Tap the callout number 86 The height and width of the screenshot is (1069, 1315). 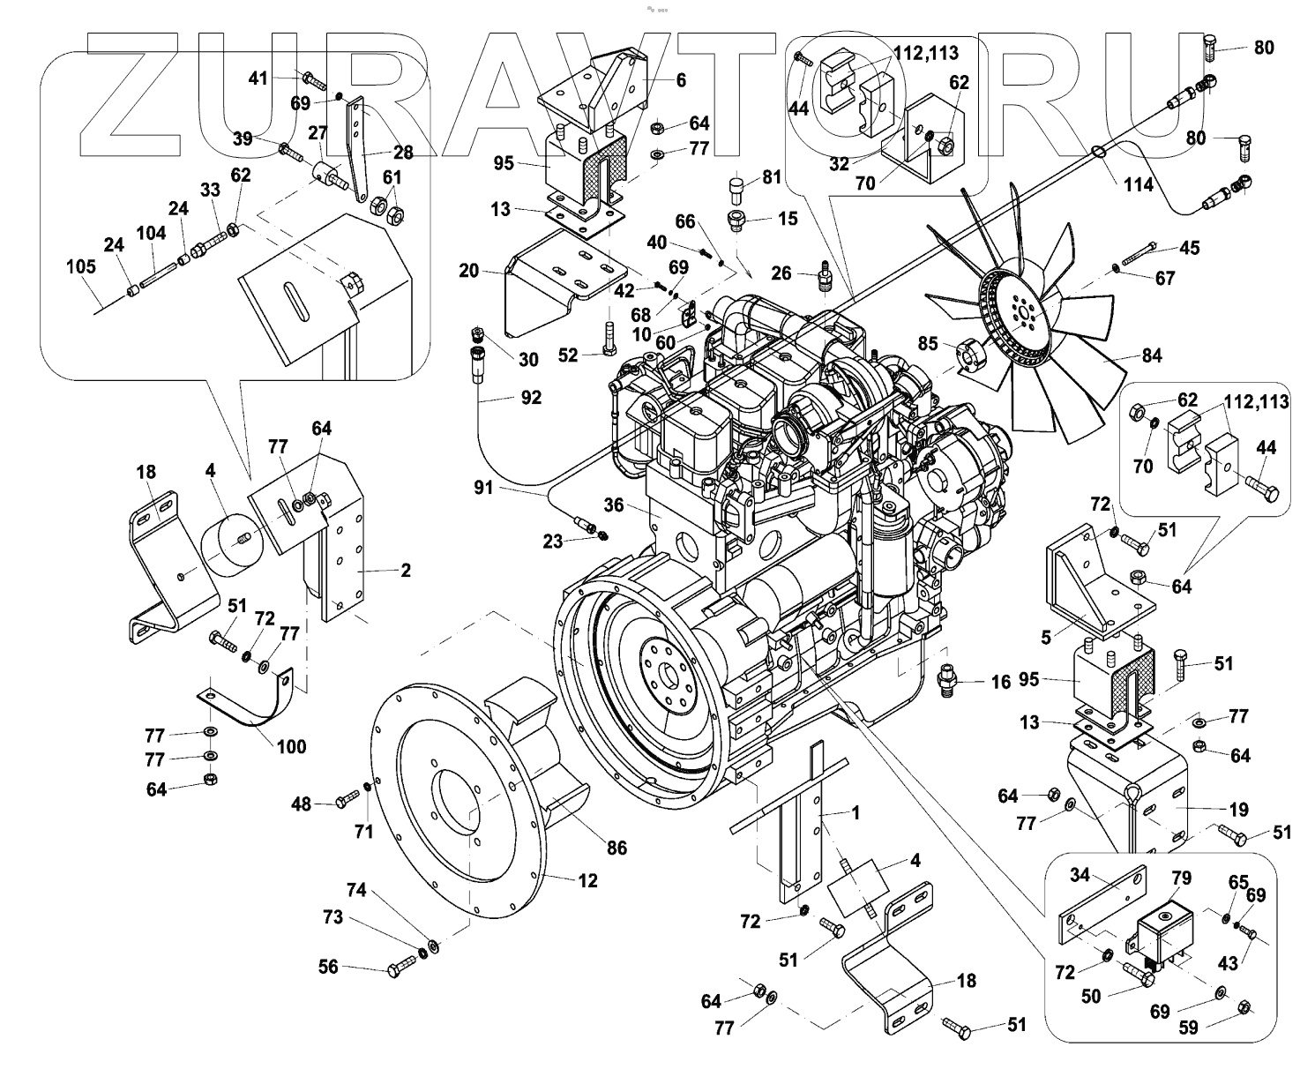(616, 848)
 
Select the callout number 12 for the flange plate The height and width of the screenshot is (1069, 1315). (587, 880)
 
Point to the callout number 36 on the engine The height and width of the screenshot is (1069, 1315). (614, 505)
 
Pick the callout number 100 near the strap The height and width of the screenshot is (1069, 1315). (291, 747)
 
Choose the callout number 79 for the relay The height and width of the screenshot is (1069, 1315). (1181, 878)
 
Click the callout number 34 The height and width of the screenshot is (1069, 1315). (1080, 875)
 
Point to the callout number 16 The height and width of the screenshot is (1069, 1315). (1000, 682)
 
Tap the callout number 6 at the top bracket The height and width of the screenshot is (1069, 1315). (680, 79)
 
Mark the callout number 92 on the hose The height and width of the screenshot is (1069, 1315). (531, 398)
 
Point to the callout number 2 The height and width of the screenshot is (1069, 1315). (405, 570)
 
